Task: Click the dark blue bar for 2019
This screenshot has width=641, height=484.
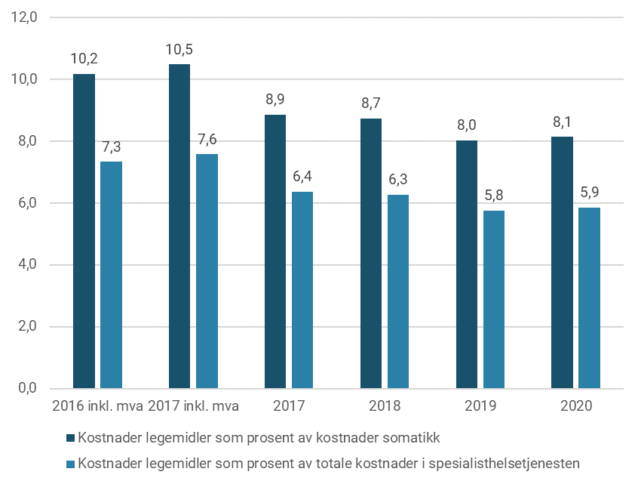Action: point(467,264)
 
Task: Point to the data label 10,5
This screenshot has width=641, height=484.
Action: point(179,50)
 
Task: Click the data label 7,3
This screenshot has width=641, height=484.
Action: point(111,146)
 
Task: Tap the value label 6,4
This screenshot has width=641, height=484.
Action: point(302,177)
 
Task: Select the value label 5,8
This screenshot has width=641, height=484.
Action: point(495,195)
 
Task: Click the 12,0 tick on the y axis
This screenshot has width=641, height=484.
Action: point(25,17)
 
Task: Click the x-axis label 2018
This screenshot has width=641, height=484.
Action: point(385,406)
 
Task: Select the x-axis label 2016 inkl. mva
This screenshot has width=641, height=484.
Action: point(97,406)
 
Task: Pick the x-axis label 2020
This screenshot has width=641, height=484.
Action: point(576,406)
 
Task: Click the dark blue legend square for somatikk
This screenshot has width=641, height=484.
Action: point(71,438)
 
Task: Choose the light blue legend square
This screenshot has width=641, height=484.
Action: point(71,463)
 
